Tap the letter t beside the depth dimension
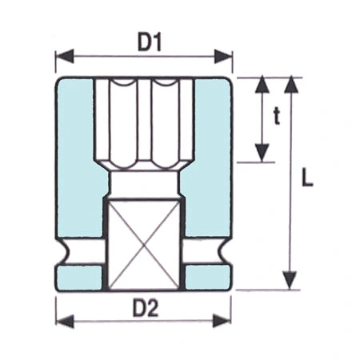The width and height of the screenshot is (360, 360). (x=276, y=118)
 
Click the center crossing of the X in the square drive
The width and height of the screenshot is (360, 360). (x=144, y=246)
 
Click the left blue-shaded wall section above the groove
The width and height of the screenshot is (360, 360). (x=76, y=160)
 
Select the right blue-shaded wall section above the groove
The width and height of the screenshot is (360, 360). (x=213, y=160)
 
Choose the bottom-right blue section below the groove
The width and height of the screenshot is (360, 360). (x=208, y=278)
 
